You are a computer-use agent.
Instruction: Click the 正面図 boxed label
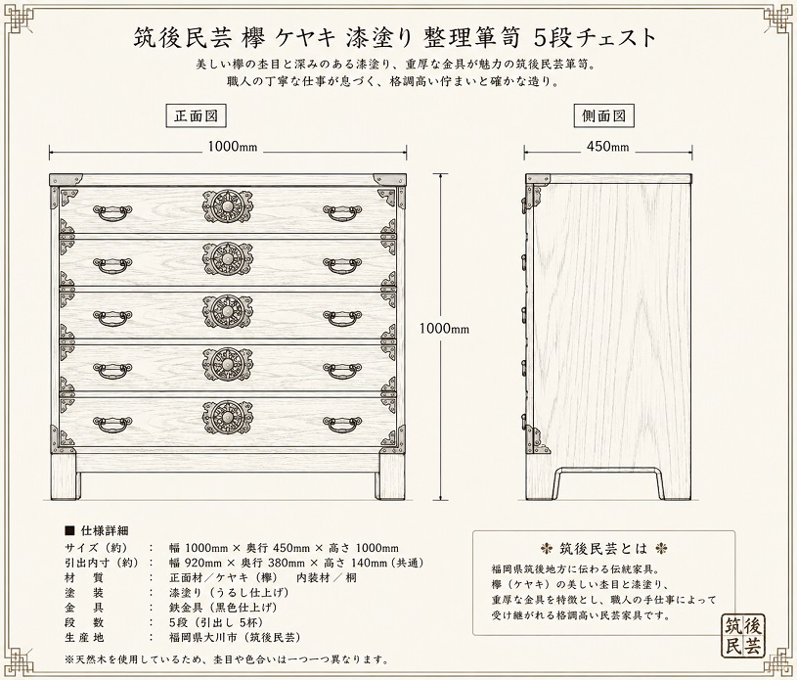(197, 116)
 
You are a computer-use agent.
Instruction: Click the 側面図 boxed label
(603, 116)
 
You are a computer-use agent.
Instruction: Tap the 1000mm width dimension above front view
(233, 147)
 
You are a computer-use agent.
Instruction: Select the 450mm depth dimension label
(607, 147)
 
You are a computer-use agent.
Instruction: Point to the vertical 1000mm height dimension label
(444, 329)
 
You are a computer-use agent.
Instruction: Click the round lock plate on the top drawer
(227, 206)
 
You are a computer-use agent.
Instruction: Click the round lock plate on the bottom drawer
(227, 418)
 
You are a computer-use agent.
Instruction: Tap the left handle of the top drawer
(112, 212)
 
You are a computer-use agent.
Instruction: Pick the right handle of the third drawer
(342, 318)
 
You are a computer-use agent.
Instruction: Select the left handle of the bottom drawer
(112, 425)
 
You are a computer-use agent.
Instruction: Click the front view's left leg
(64, 476)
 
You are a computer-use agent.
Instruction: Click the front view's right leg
(390, 476)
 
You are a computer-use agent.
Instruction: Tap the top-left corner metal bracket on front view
(66, 179)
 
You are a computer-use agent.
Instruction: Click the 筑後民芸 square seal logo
(742, 637)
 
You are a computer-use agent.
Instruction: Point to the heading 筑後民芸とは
(603, 548)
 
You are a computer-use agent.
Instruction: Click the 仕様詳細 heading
(105, 530)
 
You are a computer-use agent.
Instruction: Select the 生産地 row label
(84, 637)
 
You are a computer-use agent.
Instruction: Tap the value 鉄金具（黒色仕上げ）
(223, 608)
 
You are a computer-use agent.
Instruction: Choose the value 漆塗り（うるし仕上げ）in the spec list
(229, 593)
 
